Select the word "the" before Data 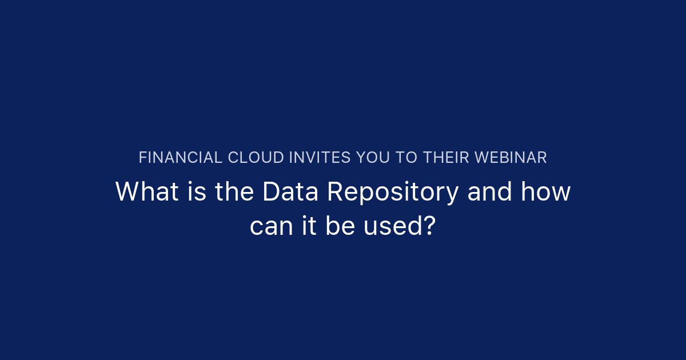[x=234, y=192]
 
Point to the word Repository [x=392, y=193]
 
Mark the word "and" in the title [x=489, y=192]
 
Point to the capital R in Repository [x=334, y=192]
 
